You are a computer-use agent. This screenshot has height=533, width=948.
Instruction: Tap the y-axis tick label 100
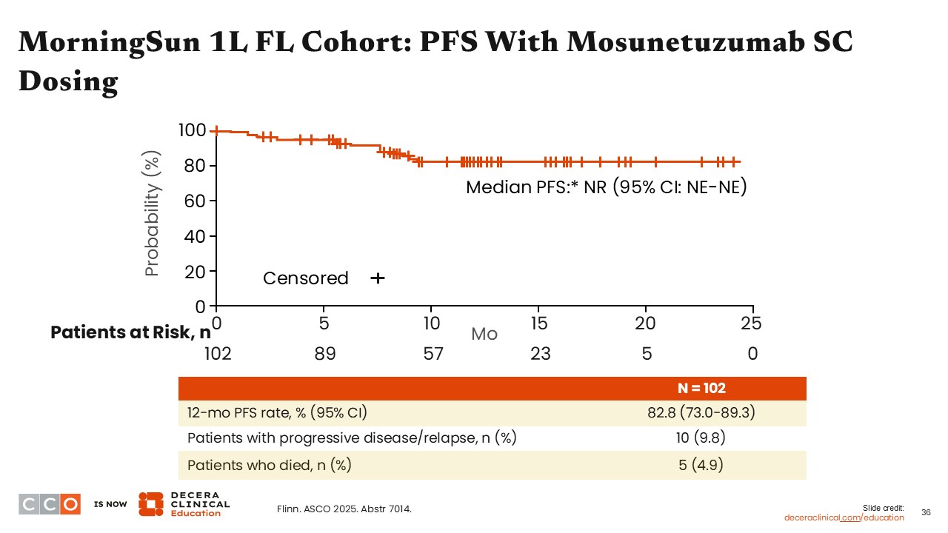click(192, 131)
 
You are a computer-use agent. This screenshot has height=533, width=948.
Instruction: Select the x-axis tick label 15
click(539, 324)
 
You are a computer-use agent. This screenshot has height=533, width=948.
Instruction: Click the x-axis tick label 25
click(752, 324)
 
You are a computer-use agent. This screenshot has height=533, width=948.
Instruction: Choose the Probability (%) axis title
click(153, 220)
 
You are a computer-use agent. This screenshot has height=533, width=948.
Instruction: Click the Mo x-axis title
click(484, 334)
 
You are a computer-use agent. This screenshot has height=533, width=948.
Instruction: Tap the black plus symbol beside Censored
click(378, 278)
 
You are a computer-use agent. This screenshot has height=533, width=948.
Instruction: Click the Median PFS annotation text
click(606, 187)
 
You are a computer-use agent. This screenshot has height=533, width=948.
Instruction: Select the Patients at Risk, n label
click(130, 333)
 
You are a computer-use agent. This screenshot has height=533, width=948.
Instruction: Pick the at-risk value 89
click(324, 354)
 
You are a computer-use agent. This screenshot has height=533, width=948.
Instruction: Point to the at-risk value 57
click(433, 354)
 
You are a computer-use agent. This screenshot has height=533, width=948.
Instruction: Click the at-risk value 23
click(541, 354)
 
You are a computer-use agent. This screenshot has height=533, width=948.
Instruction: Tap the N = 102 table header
click(701, 389)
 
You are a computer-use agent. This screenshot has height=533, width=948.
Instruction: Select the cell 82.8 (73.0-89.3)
click(701, 412)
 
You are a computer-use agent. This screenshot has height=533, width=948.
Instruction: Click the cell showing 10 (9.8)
click(701, 438)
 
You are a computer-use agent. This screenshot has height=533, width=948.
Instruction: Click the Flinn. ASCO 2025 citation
click(344, 509)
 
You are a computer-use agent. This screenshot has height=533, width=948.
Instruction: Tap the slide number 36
click(926, 512)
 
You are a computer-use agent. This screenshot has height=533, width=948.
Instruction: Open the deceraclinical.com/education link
click(844, 517)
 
